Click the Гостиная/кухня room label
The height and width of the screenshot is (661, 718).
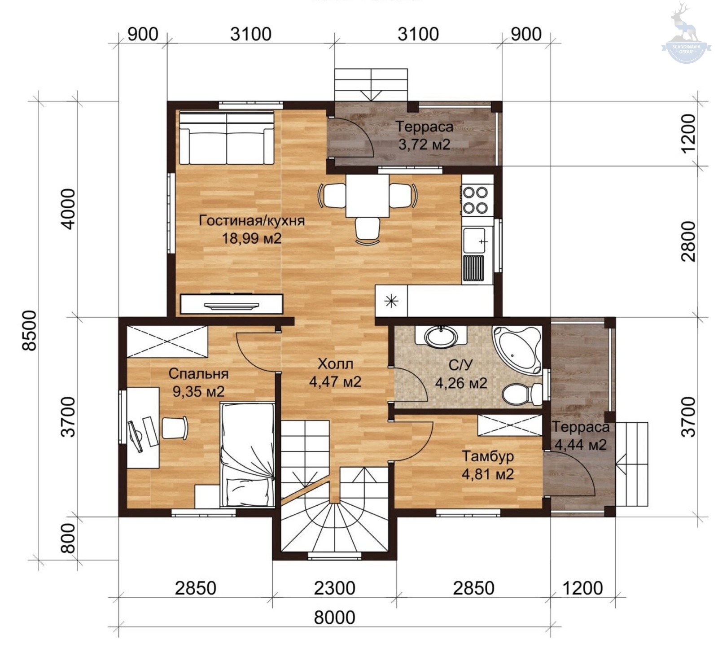coord(252,220)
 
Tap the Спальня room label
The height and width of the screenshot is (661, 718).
coord(198,373)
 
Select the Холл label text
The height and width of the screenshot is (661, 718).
coord(335,363)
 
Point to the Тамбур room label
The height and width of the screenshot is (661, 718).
coord(488,456)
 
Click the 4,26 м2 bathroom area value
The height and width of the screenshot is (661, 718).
coord(461,383)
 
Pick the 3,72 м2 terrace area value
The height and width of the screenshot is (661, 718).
coord(424,144)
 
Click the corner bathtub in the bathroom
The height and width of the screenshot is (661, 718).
coord(517,349)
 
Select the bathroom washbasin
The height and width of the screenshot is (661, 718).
coord(442,337)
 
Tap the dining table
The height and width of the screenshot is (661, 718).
coord(367,196)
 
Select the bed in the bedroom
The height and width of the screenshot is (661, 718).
coord(247,455)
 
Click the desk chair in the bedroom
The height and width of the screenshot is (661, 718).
coord(174,428)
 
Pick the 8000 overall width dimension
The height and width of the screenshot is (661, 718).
coord(335,617)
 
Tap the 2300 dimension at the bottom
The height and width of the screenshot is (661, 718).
coord(335,588)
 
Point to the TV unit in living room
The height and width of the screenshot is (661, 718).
coord(232,304)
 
